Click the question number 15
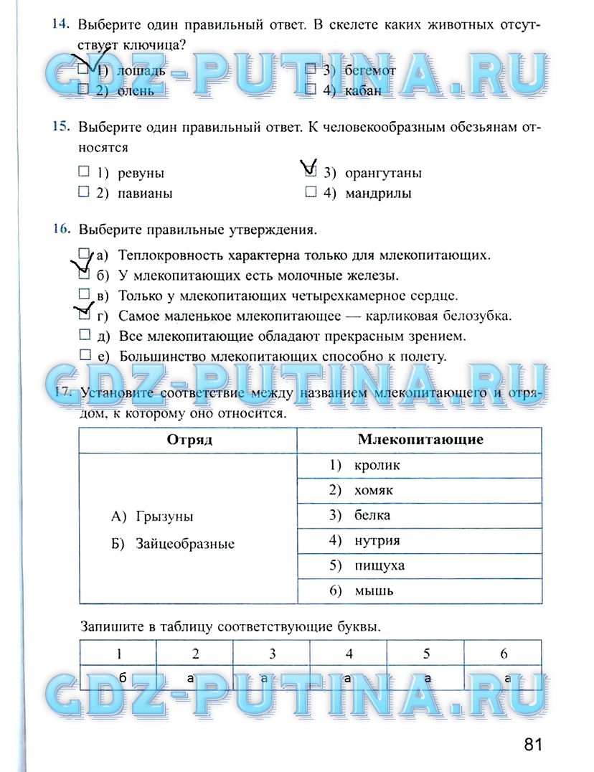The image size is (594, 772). [x=60, y=128]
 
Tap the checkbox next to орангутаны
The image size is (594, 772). [x=311, y=172]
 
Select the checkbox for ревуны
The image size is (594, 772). [x=84, y=172]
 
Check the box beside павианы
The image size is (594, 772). [x=84, y=192]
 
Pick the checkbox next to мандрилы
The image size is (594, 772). [x=311, y=192]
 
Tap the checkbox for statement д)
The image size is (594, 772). [x=84, y=334]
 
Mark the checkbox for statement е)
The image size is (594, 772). [x=84, y=354]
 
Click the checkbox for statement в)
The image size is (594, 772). [x=84, y=294]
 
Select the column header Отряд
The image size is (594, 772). [x=189, y=440]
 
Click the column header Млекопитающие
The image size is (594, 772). [x=420, y=440]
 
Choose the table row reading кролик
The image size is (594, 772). [x=420, y=465]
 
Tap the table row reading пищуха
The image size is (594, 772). [x=420, y=565]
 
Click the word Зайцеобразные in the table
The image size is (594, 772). [x=184, y=544]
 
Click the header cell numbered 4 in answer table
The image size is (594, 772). [x=349, y=654]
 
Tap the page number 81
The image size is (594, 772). [x=532, y=744]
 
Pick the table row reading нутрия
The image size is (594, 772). [x=420, y=540]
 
